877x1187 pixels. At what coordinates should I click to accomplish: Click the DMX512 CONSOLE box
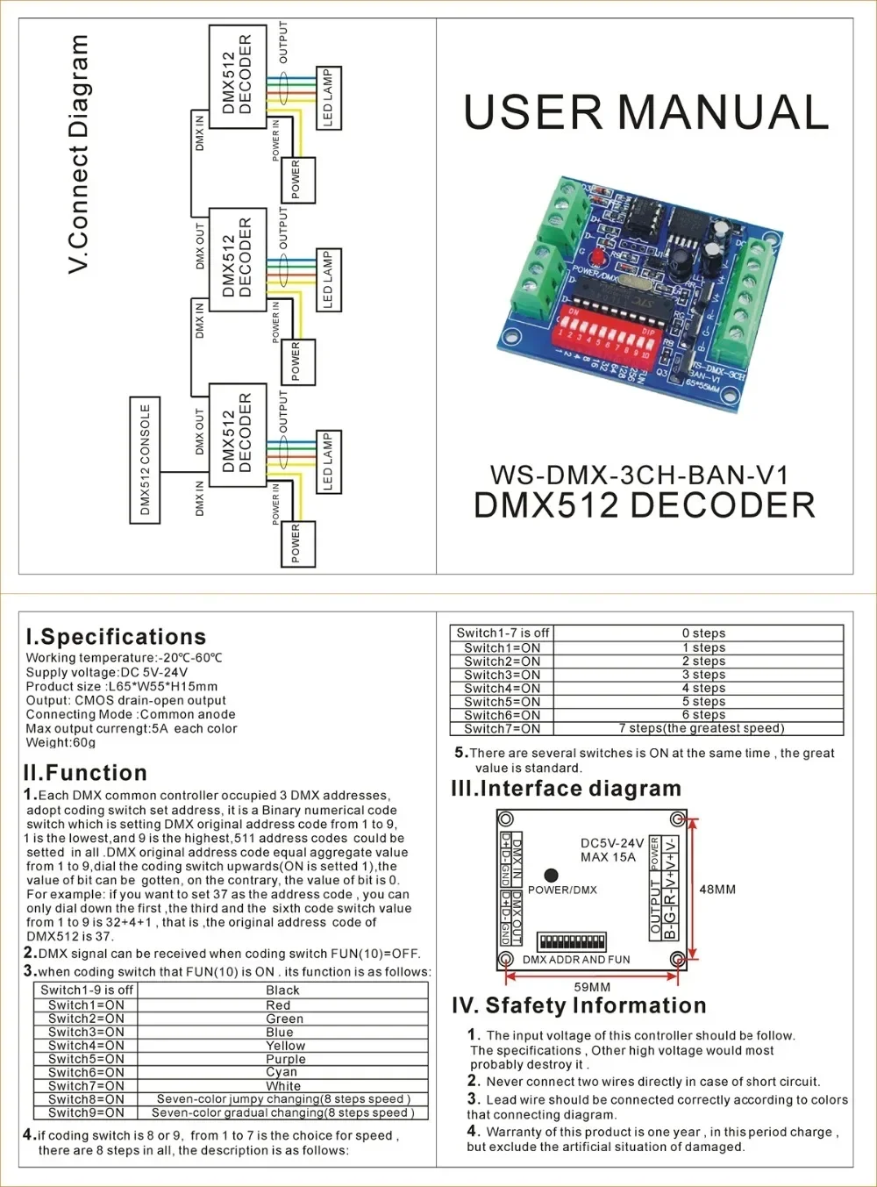click(x=145, y=460)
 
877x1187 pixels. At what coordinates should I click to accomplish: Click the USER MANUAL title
click(x=645, y=112)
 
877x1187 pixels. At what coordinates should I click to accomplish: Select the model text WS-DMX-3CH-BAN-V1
click(x=639, y=476)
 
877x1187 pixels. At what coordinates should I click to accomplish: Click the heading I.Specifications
click(x=116, y=637)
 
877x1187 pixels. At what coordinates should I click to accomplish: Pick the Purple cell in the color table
click(x=285, y=1059)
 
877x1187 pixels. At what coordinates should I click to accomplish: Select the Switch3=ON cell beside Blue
click(x=86, y=1033)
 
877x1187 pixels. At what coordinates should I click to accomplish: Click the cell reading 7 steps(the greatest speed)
click(x=702, y=728)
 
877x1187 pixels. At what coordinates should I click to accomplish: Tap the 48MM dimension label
click(x=717, y=890)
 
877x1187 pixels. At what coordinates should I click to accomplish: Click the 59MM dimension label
click(x=592, y=987)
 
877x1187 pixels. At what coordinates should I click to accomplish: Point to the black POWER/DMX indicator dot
click(x=551, y=875)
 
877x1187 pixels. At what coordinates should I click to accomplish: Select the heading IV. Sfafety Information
click(x=579, y=1005)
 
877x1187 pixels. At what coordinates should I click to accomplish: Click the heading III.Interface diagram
click(x=566, y=789)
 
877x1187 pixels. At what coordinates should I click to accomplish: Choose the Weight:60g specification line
click(x=61, y=743)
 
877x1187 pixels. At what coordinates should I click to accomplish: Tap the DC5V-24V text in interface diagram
click(x=611, y=843)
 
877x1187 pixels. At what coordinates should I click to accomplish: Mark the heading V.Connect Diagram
click(x=79, y=154)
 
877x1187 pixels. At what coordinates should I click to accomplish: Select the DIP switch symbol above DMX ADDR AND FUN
click(x=572, y=941)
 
